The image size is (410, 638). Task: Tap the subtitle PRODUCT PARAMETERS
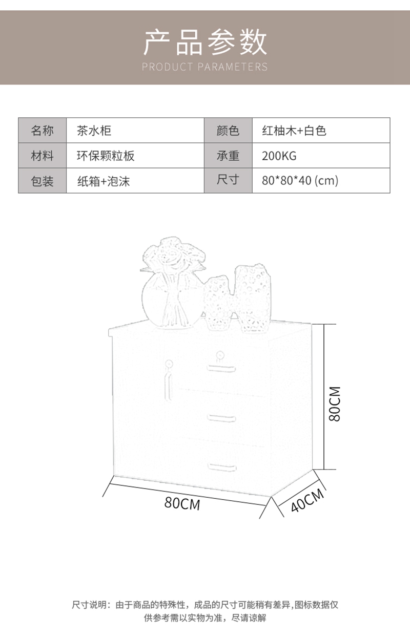click(204, 67)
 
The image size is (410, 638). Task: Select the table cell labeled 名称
click(42, 131)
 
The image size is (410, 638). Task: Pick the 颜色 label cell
click(228, 131)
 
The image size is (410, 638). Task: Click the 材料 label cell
click(42, 156)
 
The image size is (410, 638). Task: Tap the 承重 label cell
click(228, 156)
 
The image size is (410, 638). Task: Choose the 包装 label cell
click(42, 181)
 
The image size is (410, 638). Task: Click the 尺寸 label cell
click(228, 180)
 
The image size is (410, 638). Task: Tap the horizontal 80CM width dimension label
click(182, 503)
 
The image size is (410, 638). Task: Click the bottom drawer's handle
click(222, 466)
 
